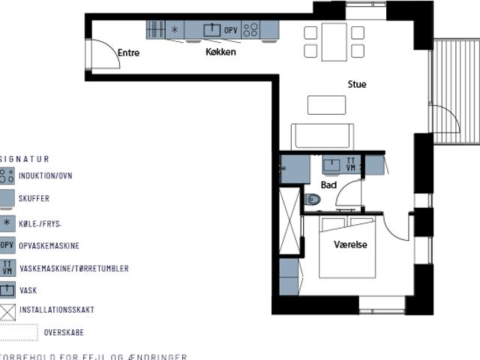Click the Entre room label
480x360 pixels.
pos(128,53)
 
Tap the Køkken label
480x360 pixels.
pos(220,52)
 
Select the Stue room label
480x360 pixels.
pos(357,85)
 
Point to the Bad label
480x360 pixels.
pos(328,184)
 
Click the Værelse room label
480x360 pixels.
pos(350,244)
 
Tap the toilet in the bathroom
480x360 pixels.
pos(312,199)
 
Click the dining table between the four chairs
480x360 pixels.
pos(334,42)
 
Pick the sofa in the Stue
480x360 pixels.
pos(322,136)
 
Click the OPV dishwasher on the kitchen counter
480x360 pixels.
pos(231,30)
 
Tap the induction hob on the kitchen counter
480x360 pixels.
pos(250,30)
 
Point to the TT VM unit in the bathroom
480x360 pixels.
pos(351,164)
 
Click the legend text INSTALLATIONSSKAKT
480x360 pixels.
pos(56,310)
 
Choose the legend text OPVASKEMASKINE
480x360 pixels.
pos(49,246)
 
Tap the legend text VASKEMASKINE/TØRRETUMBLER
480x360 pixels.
pos(73,268)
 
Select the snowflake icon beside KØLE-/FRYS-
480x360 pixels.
pos(7,223)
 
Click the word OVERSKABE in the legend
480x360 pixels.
pos(64,332)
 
